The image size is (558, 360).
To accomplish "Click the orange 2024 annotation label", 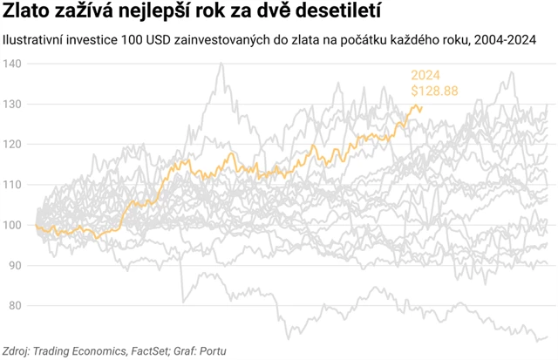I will click(x=425, y=76).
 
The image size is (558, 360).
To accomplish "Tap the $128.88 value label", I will click(x=434, y=91).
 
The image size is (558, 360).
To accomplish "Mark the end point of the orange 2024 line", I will click(x=422, y=109).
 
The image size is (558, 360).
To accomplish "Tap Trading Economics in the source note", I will click(x=87, y=351).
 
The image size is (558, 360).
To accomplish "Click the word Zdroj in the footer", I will click(x=17, y=351).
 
